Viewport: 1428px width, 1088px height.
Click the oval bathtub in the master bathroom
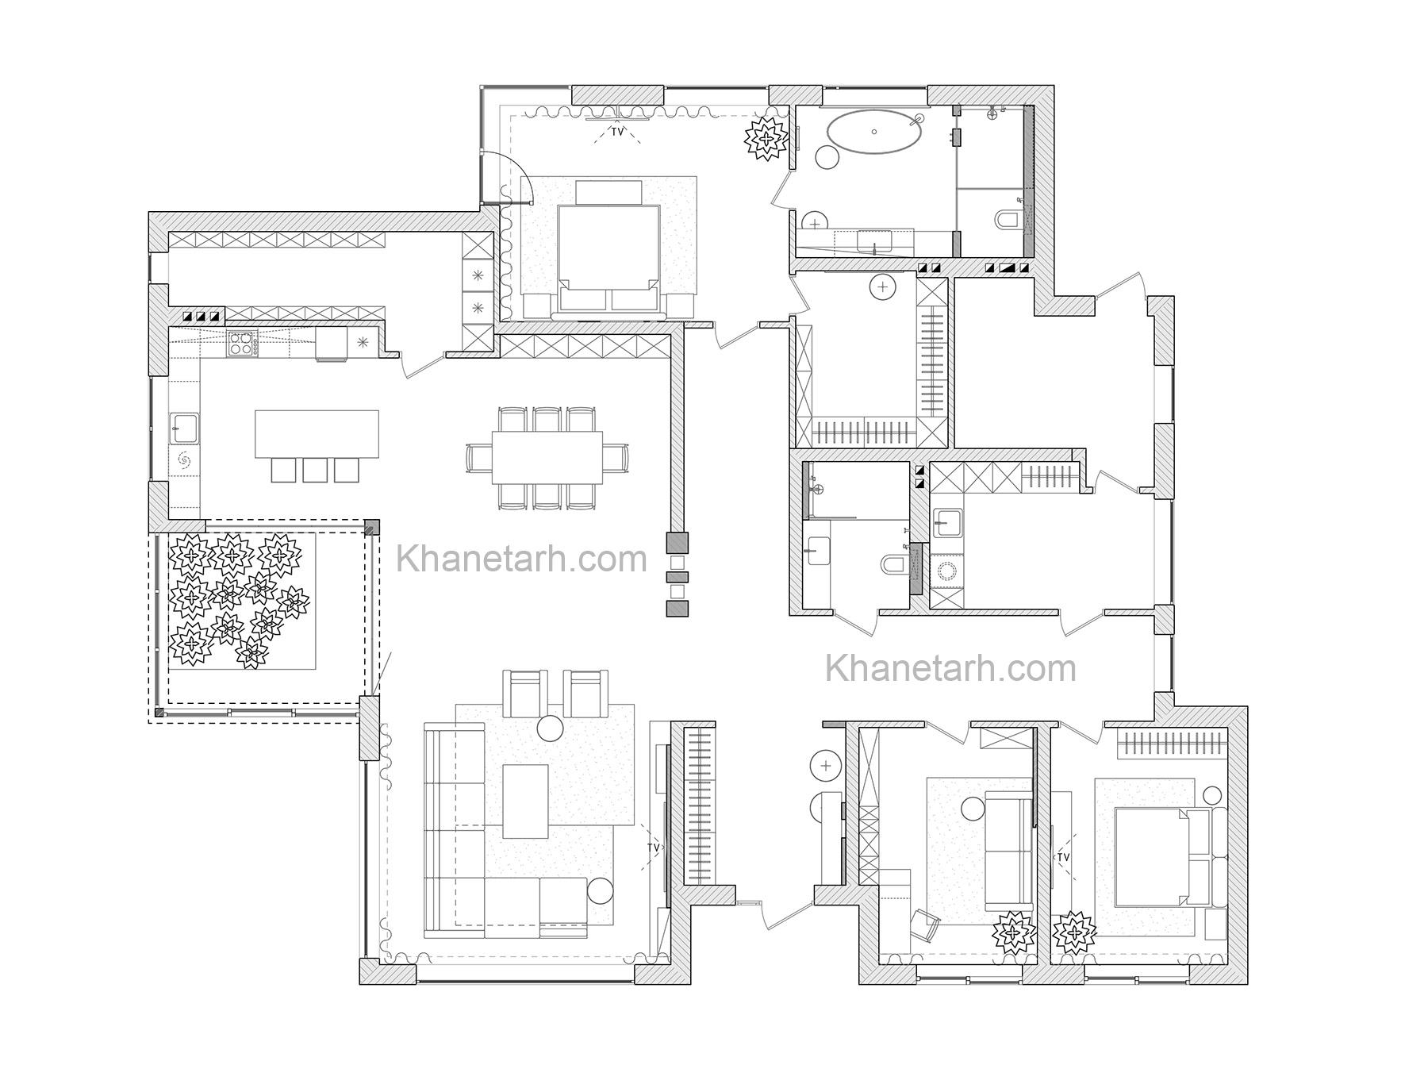[x=875, y=132]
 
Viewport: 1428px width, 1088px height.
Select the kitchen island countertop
[x=317, y=433]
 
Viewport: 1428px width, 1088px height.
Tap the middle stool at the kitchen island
[x=315, y=470]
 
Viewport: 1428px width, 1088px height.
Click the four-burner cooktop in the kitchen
[x=242, y=343]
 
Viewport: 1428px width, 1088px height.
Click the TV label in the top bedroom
[x=617, y=132]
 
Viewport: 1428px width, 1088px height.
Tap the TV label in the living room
[x=654, y=848]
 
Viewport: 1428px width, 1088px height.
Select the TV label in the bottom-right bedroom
[x=1063, y=858]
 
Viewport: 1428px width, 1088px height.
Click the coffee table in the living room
[x=526, y=801]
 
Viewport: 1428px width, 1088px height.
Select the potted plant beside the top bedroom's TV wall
[x=766, y=139]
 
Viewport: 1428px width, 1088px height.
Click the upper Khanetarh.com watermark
[x=522, y=559]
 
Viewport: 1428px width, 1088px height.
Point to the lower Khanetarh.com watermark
[x=951, y=668]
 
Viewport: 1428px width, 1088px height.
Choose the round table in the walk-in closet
[x=882, y=286]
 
